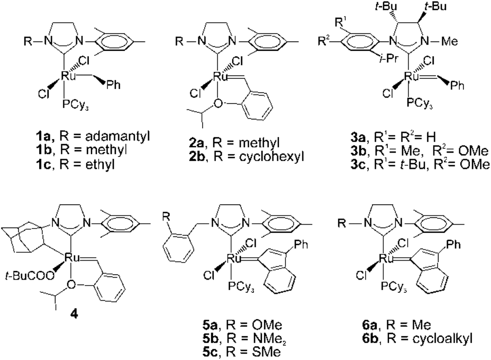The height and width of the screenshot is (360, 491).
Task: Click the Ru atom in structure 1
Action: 68,77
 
